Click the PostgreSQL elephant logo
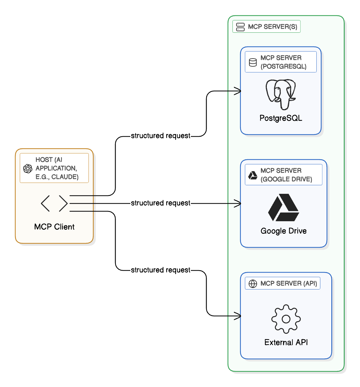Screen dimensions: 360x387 281,94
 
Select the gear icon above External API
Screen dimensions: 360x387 286,319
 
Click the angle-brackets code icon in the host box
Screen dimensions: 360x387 54,203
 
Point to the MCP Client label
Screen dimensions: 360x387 54,227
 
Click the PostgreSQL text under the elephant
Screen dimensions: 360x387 281,118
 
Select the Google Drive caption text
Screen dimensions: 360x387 283,231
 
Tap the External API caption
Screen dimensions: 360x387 286,342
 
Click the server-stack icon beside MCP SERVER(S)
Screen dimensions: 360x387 240,27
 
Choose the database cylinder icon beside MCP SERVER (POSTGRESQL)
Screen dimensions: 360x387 253,62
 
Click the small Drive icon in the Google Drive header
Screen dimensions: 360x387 253,175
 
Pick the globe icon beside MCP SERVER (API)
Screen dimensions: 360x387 253,284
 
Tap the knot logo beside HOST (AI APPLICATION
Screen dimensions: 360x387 28,169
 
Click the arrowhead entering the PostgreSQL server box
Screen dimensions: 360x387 238,91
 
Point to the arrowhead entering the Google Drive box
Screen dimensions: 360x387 238,203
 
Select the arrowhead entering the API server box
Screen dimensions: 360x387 238,316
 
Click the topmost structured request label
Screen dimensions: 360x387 160,136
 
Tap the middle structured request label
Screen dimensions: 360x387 160,203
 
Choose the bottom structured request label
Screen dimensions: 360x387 160,270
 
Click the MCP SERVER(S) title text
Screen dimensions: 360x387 272,27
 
